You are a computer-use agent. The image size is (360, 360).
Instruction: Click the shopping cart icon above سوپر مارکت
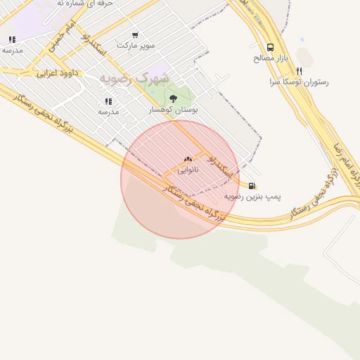click(135, 34)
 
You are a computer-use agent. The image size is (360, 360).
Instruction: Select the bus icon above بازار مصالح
click(271, 48)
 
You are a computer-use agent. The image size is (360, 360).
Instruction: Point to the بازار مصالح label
click(267, 58)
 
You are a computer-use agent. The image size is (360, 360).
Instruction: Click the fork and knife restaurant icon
click(300, 71)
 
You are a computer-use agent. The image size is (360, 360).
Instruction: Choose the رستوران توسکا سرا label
click(299, 82)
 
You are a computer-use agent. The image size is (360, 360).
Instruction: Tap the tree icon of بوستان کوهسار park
click(174, 99)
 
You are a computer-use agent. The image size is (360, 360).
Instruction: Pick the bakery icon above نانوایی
click(188, 160)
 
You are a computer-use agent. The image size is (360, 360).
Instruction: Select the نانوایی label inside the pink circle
click(188, 170)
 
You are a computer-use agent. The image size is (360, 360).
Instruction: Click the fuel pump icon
click(252, 186)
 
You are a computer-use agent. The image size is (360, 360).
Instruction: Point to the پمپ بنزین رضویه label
click(252, 196)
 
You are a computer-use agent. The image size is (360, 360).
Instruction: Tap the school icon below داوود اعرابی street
click(108, 101)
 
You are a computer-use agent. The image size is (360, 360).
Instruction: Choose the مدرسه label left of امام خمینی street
click(13, 50)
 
